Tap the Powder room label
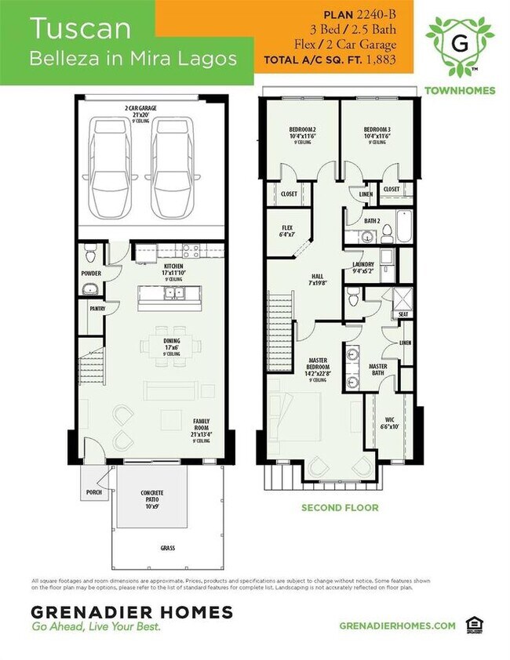tap(92, 274)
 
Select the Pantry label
tap(97, 309)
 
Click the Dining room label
tap(172, 344)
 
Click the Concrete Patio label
tap(152, 496)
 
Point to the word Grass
tap(168, 549)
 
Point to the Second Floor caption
tap(340, 508)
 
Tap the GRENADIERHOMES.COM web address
tap(397, 625)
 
